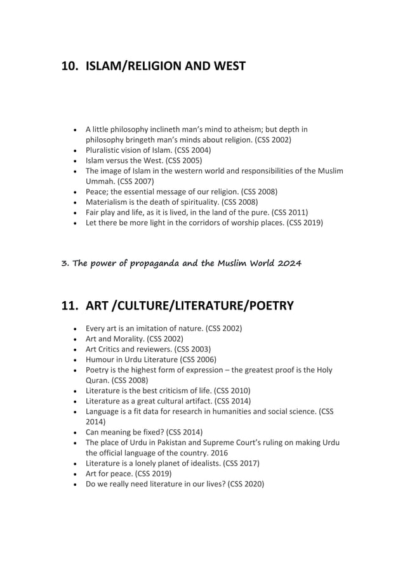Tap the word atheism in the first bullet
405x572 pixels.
coord(259,129)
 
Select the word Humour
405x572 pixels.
coord(101,359)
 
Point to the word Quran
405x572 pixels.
coord(98,380)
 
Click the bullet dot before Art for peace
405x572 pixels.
coord(76,474)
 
